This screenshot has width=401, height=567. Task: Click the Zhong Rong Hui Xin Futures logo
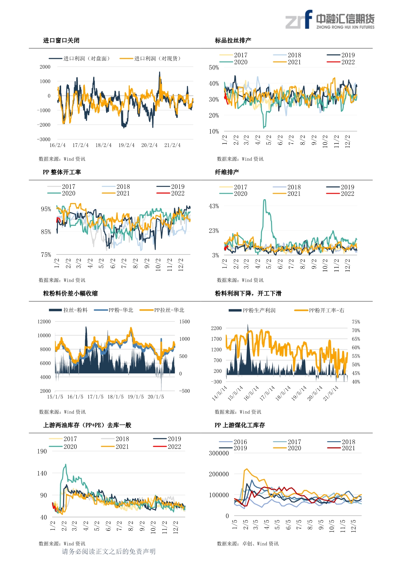[330, 20]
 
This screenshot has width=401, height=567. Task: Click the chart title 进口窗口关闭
[61, 40]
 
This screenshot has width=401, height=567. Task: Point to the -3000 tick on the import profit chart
[44, 139]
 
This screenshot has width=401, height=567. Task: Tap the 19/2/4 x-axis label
[126, 145]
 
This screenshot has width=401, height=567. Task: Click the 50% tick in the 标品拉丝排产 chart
[214, 68]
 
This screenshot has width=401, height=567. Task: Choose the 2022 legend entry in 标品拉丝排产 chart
[341, 62]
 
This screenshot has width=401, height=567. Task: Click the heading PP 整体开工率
[62, 172]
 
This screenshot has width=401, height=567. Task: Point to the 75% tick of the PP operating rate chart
[46, 255]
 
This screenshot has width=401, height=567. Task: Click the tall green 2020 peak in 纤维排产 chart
[265, 201]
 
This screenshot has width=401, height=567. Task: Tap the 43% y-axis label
[214, 206]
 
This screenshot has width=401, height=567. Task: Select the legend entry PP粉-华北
[114, 310]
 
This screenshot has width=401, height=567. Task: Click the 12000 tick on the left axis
[44, 322]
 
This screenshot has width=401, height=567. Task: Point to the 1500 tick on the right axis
[185, 322]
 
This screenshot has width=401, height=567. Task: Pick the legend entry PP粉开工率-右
[319, 311]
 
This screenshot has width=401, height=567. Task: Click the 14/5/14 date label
[219, 393]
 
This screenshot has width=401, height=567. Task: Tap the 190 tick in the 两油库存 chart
[42, 452]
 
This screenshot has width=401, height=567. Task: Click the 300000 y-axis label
[219, 453]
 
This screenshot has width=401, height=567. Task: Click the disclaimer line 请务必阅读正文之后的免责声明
[109, 551]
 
